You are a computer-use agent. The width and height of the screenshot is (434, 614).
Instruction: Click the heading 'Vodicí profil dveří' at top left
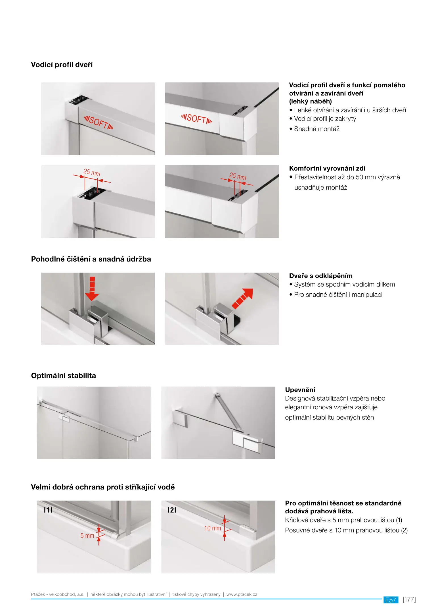(62, 65)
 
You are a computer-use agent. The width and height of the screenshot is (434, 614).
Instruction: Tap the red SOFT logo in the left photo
(98, 123)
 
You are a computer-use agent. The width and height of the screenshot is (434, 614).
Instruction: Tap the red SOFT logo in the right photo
(196, 119)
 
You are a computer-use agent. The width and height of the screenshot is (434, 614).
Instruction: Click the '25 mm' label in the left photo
(92, 172)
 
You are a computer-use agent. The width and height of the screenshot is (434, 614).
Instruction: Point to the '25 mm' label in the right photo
(238, 176)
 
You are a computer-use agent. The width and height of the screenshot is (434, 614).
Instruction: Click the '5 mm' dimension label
(87, 536)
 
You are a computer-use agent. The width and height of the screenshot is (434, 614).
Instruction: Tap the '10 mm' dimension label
(213, 528)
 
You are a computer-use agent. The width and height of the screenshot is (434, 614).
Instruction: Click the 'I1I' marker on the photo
(48, 510)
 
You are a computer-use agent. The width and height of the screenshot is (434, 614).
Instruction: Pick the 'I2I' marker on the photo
(172, 510)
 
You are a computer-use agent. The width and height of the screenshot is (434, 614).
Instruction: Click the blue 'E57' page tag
(391, 600)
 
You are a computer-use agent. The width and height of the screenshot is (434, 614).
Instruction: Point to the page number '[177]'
(409, 600)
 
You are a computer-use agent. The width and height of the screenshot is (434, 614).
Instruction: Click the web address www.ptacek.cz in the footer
(242, 594)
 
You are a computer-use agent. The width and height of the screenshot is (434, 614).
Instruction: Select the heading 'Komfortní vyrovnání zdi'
(327, 168)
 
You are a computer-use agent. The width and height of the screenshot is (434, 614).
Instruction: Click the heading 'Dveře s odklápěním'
(321, 276)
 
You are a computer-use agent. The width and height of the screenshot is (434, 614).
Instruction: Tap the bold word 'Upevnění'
(300, 390)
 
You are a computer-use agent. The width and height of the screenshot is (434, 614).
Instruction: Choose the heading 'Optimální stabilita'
(63, 376)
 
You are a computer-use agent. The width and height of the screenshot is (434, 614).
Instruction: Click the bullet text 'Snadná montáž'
(316, 129)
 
